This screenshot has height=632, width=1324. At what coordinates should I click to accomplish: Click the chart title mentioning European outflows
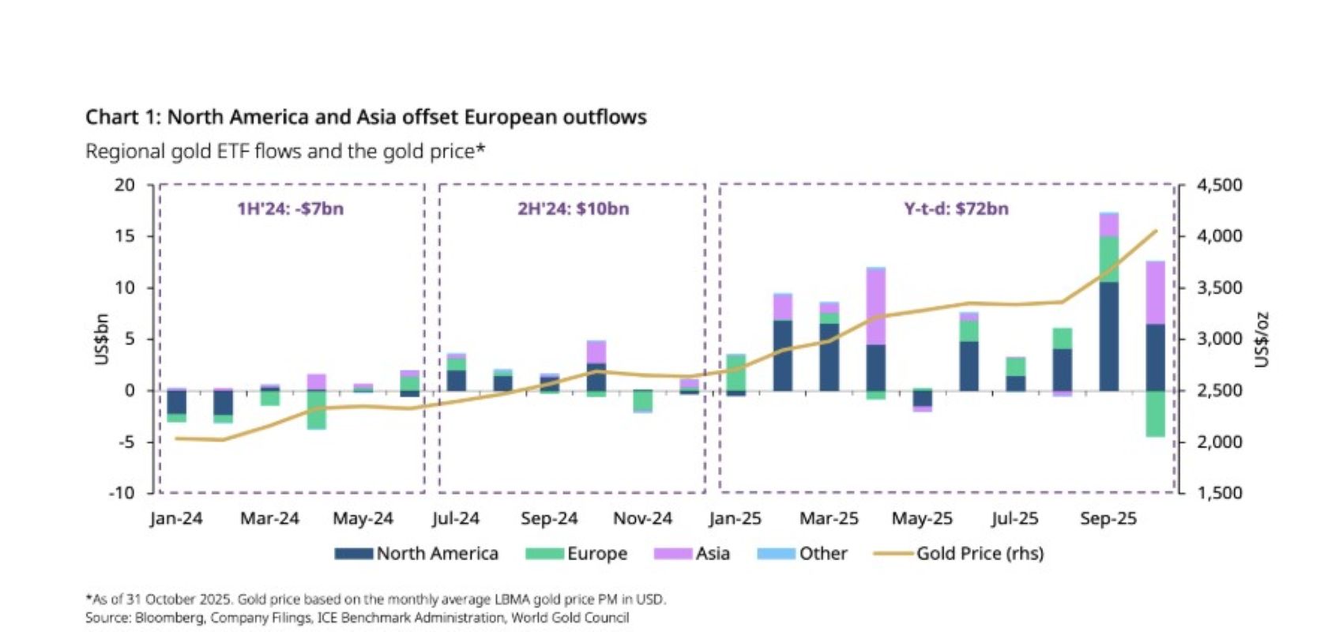click(x=366, y=118)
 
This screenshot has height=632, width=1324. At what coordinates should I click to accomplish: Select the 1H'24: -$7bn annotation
click(x=291, y=209)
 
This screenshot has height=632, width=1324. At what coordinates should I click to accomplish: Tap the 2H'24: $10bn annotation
click(x=574, y=209)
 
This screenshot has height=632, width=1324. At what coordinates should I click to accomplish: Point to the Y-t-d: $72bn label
click(x=956, y=209)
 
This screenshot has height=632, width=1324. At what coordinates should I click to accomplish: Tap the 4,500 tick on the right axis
click(x=1220, y=186)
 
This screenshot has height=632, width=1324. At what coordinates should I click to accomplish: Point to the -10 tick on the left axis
click(x=122, y=493)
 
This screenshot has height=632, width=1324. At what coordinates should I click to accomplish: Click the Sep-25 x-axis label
click(x=1108, y=519)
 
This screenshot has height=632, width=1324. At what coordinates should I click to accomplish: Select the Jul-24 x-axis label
click(x=456, y=519)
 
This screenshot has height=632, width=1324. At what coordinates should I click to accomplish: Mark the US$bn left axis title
click(x=102, y=340)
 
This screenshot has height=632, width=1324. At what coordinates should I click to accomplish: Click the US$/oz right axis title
click(x=1262, y=340)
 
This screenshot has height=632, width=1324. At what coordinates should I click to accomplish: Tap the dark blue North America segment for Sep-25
click(x=1108, y=336)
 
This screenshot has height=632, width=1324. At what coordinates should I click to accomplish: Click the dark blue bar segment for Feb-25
click(x=783, y=355)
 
